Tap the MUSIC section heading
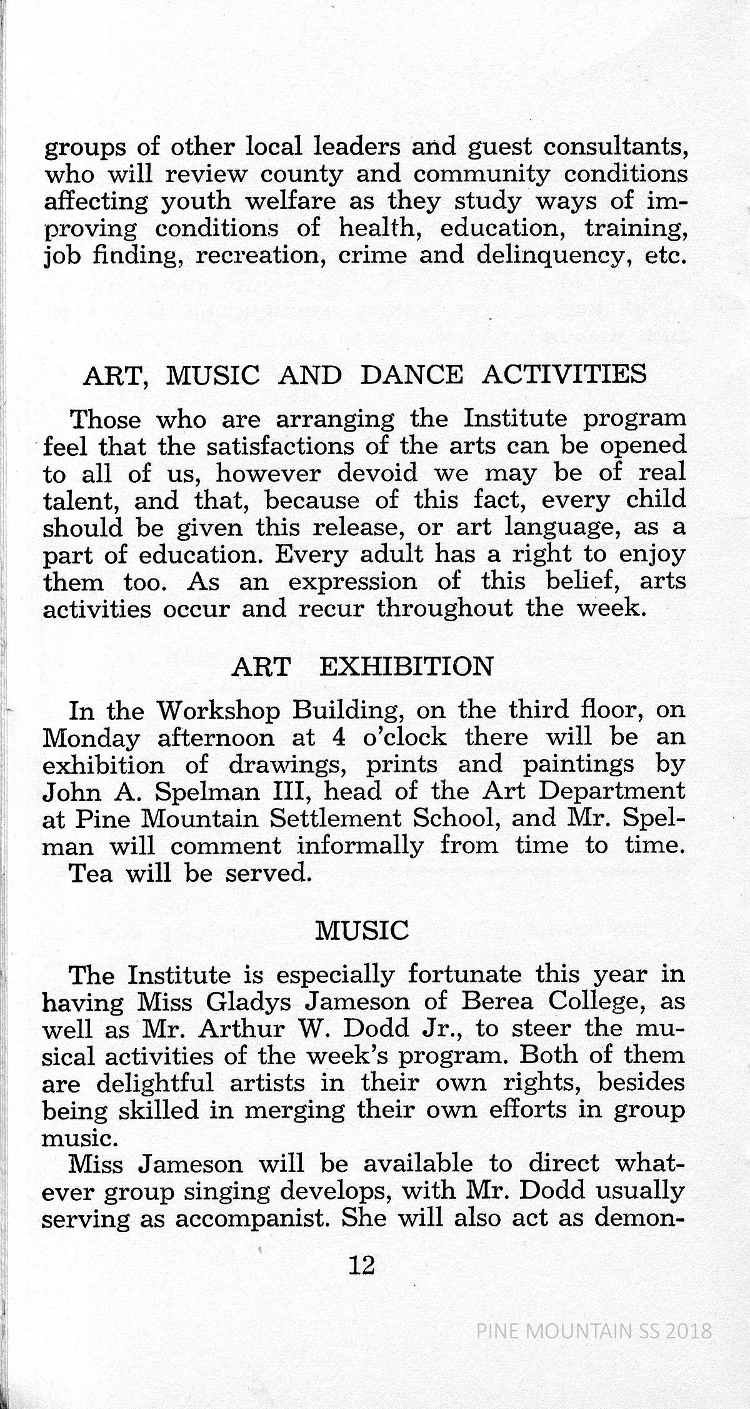(x=362, y=932)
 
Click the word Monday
(x=91, y=739)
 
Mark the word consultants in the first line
(x=615, y=148)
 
